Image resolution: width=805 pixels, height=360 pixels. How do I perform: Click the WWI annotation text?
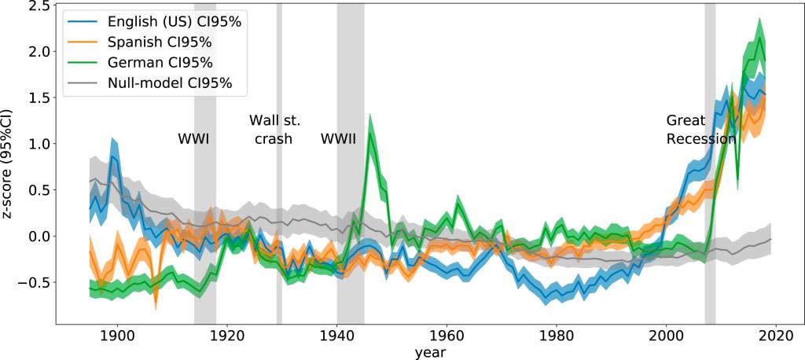click(x=193, y=139)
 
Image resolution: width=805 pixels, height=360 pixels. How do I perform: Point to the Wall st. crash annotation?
click(x=274, y=130)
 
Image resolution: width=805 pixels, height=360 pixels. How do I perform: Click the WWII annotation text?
click(x=338, y=139)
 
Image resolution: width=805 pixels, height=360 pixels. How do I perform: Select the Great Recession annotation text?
click(x=700, y=130)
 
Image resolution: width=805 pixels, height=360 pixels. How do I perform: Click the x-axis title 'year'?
click(x=430, y=352)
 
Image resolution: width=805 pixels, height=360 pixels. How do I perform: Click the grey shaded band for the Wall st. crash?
click(x=279, y=236)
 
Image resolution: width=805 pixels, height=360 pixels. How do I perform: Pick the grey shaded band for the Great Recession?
click(x=710, y=236)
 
